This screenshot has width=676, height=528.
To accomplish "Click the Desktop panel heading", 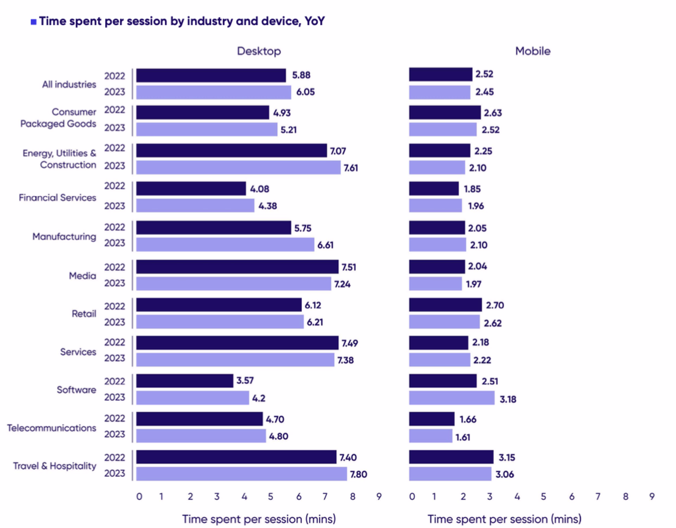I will point(259,51).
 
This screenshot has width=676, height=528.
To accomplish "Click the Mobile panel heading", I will point(533,51).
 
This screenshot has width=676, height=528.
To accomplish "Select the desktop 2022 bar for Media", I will point(237,267).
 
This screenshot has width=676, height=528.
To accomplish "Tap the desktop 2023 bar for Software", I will point(193,398).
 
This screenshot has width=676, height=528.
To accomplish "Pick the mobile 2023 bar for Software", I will point(452,398).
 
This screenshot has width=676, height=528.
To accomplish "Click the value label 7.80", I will point(358,474).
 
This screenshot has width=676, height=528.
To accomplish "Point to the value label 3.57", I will point(245,380).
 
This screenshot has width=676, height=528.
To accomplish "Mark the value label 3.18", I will point(508,399).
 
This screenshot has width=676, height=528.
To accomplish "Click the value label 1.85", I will point(472,189).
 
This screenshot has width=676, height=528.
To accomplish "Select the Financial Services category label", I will point(58,198).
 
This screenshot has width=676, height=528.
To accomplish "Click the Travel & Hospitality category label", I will point(55,466).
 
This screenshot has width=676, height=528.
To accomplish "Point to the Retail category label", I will point(84,314).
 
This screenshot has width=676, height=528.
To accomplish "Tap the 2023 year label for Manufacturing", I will point(115,243).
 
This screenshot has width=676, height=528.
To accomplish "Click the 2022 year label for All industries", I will point(115,76).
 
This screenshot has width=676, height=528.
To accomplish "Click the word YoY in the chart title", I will point(315,21).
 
